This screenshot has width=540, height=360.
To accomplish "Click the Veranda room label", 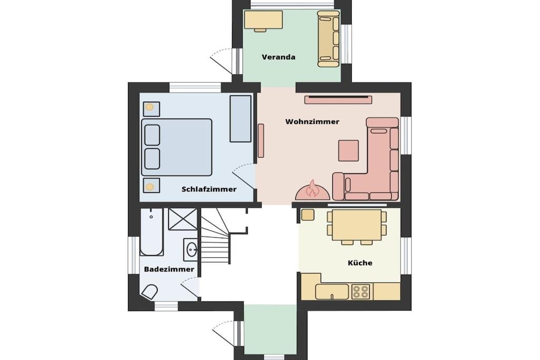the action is tap(278, 57).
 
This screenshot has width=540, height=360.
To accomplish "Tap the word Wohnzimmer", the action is tap(312, 121).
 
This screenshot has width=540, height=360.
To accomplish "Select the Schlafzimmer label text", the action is tap(209, 189).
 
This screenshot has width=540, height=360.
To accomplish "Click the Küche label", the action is tap(360, 263).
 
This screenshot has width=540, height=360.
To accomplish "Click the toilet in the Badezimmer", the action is tap(149, 292).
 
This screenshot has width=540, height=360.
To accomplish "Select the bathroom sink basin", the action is tap(191, 248).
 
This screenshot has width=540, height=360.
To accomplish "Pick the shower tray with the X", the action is tap(182, 219).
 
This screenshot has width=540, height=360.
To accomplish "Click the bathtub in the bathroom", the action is tap(151, 232).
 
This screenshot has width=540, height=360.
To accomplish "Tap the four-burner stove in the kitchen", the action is tap(361, 291).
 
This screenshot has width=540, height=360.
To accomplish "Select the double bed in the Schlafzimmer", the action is tap(177, 147).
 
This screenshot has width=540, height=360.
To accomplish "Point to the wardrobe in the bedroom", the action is tap(240, 119).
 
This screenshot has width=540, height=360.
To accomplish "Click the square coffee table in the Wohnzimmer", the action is tap(349, 150).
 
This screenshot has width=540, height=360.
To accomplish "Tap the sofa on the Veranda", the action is tap(329, 38).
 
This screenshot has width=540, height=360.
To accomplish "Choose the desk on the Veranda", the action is tap(264, 20).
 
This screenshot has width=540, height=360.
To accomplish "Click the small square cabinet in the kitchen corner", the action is tap(307, 215).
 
